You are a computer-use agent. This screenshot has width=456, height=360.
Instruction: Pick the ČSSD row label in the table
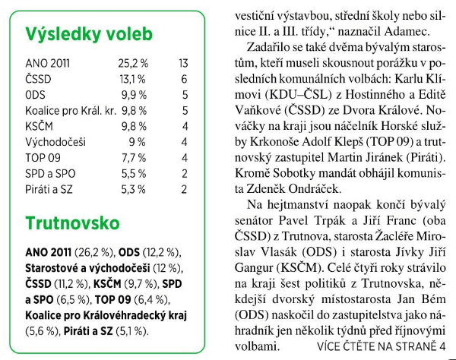(x=40, y=78)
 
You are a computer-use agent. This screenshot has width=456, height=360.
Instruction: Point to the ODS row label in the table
(x=36, y=94)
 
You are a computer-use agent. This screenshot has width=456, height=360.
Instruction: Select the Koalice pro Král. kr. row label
(x=69, y=110)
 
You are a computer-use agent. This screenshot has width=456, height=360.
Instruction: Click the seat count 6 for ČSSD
(x=184, y=78)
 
